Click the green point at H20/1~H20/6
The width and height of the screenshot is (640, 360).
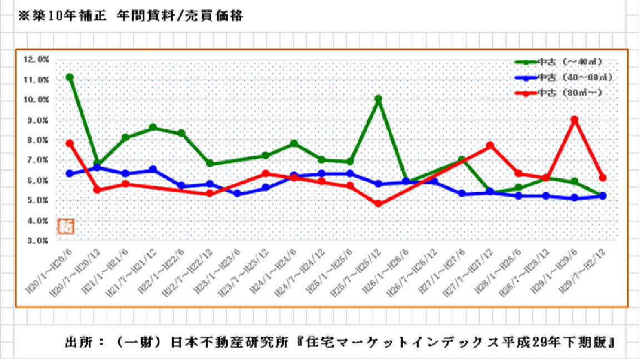(69, 77)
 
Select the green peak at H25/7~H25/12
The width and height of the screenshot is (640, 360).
(378, 99)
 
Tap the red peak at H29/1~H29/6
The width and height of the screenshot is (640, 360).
(574, 119)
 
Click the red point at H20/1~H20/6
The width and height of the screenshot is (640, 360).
(69, 143)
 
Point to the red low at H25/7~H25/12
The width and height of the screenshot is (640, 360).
(378, 204)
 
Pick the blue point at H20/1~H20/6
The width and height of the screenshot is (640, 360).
(69, 173)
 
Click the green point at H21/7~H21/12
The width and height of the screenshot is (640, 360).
(153, 128)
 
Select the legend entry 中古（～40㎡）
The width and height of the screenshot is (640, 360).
(569, 62)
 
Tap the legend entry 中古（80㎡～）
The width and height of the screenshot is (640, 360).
(569, 93)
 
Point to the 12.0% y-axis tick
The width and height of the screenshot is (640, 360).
(36, 59)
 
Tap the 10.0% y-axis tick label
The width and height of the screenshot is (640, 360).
(36, 100)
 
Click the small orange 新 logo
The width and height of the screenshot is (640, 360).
(66, 226)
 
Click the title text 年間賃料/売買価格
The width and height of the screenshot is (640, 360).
(180, 16)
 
